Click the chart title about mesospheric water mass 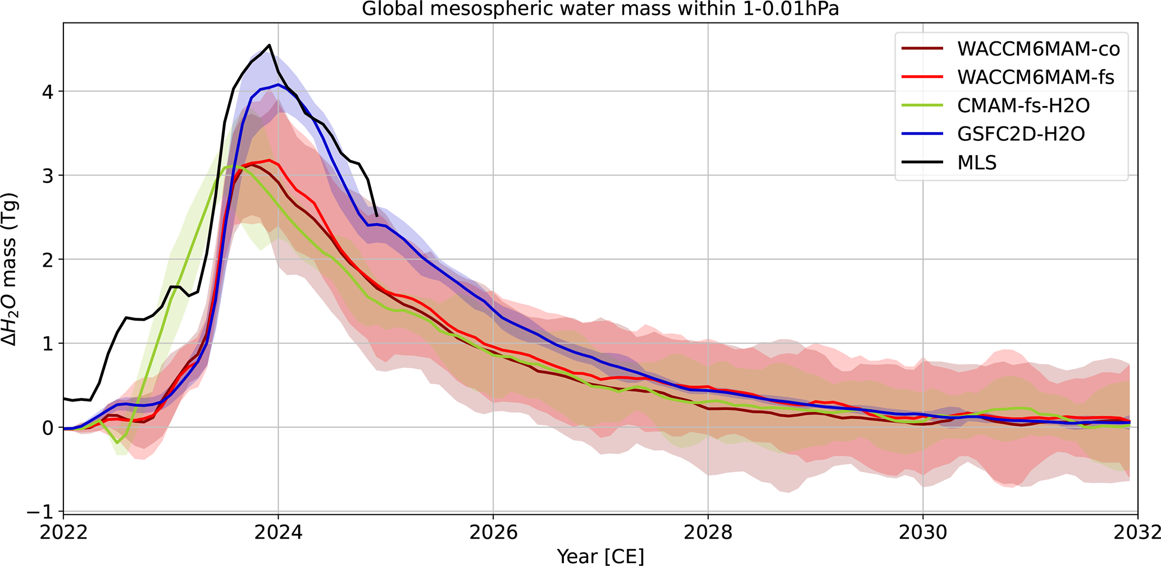[600, 9]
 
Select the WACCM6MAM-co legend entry [1038, 49]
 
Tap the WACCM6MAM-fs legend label [1035, 77]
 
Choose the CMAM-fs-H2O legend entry [1023, 106]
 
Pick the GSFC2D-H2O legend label [1021, 134]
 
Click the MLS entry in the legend [977, 162]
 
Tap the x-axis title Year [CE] [600, 556]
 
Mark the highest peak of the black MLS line [270, 45]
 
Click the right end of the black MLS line [376, 216]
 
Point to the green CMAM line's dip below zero [118, 442]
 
